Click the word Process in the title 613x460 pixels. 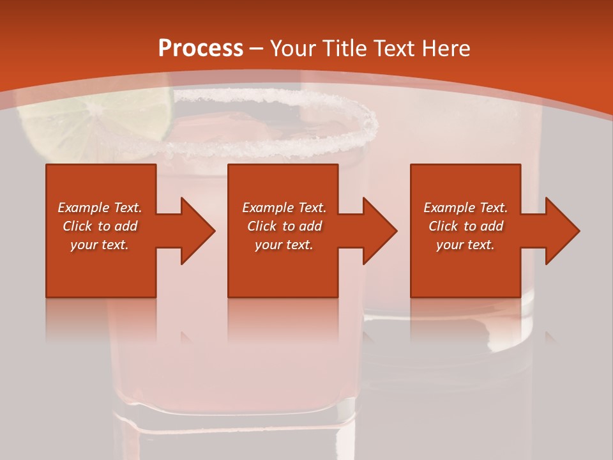tap(201, 49)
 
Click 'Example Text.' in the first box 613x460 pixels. tap(100, 208)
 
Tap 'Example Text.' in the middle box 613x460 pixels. tap(284, 208)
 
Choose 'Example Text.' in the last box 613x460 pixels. tap(465, 208)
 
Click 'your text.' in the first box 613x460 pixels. tap(100, 245)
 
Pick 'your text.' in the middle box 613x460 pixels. tap(284, 245)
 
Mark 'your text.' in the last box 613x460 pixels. tap(465, 245)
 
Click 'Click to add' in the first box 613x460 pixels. tap(100, 226)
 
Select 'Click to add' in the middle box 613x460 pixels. tap(284, 226)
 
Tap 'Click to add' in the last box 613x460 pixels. tap(465, 226)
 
